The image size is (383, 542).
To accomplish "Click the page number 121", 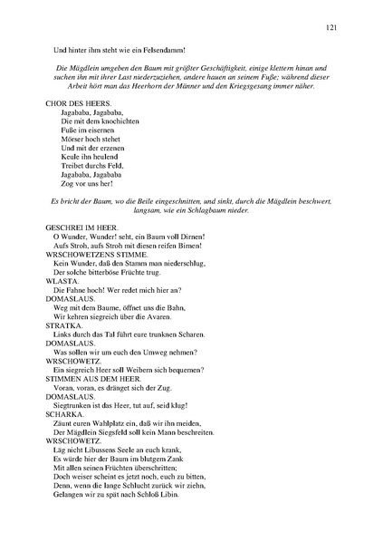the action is pos(331,29).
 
